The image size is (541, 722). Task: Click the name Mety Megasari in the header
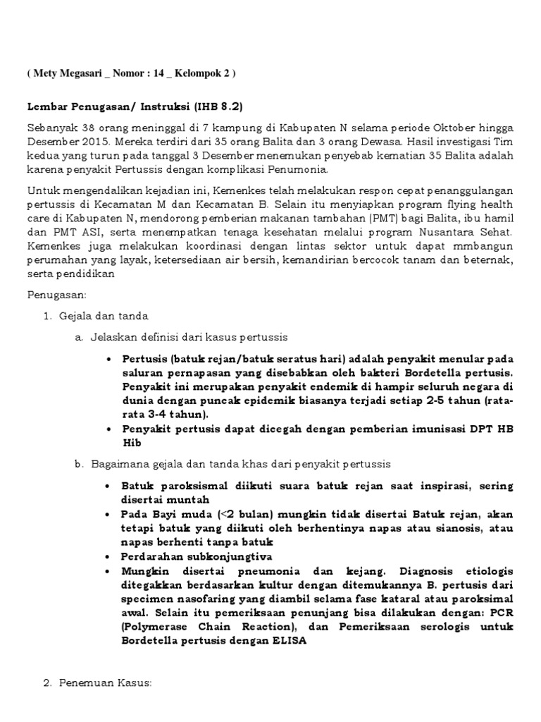(x=67, y=73)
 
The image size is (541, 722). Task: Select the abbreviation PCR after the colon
(x=502, y=612)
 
